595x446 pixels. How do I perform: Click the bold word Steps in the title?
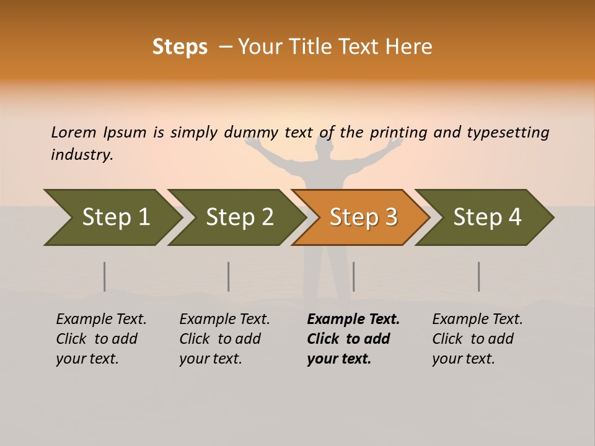180,47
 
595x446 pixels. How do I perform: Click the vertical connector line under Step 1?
105,276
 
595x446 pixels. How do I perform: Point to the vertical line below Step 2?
229,276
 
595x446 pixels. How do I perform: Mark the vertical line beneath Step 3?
353,276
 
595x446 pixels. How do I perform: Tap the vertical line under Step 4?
478,276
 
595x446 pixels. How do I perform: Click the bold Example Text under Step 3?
353,320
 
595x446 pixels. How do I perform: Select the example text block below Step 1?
101,339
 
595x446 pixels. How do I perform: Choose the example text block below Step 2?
224,339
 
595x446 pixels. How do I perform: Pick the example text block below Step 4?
477,339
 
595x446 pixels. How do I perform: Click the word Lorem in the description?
74,132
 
